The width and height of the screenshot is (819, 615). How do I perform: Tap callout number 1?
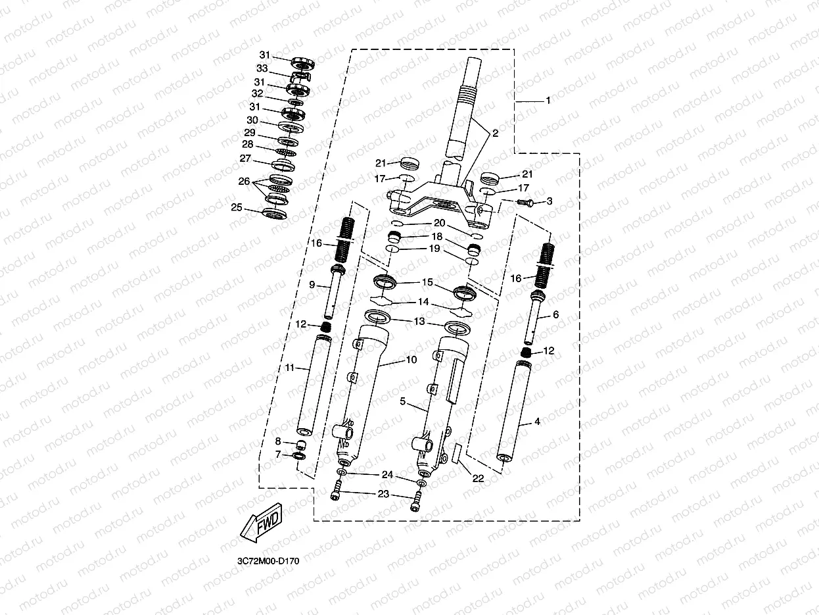548,101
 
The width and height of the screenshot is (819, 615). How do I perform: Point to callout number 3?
550,201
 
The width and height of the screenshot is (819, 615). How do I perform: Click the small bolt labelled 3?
524,203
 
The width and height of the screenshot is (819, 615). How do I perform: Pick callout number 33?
262,68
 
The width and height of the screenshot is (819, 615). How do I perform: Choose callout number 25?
236,207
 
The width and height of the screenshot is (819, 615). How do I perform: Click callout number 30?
252,120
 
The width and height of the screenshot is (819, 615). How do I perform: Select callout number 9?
312,285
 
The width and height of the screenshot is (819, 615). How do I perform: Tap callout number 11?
290,368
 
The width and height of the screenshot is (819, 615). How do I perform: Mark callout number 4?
537,422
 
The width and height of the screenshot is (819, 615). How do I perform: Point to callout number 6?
555,315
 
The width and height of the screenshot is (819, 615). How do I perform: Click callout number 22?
478,478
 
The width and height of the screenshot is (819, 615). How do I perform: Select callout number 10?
411,360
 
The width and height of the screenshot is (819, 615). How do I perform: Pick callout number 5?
403,400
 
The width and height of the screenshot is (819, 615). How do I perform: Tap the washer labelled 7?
298,456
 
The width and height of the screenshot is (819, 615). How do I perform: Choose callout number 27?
245,159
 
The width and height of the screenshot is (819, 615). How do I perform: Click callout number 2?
495,134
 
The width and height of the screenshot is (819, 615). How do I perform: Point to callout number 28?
247,144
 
